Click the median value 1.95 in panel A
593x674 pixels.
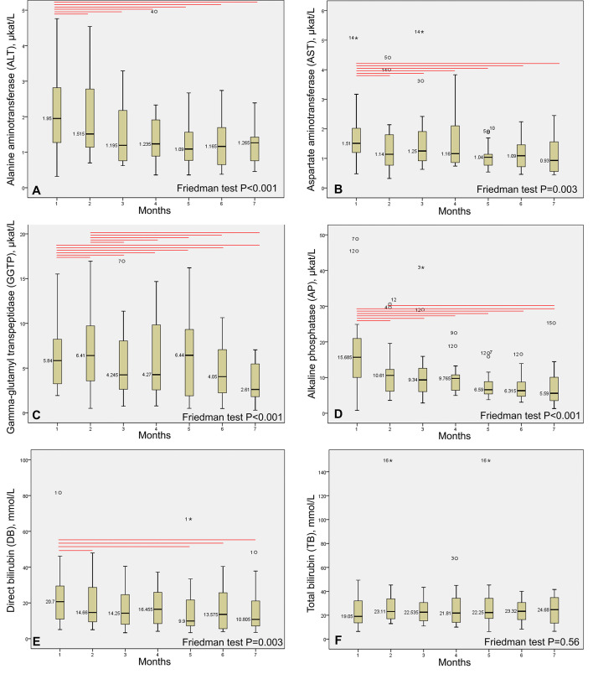click(x=46, y=118)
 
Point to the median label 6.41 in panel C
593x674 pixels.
click(x=80, y=355)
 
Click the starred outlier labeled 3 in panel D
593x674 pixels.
click(x=421, y=267)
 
